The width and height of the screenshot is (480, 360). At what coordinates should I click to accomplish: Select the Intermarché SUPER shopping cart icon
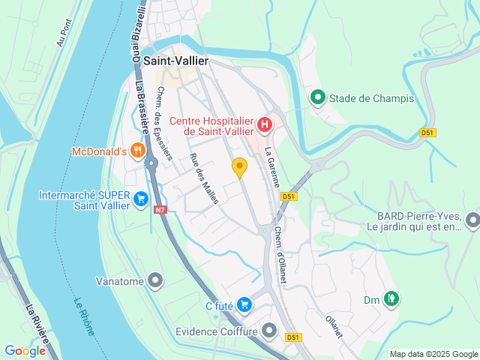[140, 197]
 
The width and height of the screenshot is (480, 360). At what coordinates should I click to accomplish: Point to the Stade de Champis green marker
[317, 97]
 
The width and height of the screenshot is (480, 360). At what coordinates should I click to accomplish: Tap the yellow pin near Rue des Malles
[239, 167]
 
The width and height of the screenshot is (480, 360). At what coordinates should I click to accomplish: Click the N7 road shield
[160, 210]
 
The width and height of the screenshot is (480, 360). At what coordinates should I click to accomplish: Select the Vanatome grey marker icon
[156, 281]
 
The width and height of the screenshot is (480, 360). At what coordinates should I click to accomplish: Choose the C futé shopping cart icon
[244, 304]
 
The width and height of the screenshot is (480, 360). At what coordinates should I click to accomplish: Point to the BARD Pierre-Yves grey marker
[472, 220]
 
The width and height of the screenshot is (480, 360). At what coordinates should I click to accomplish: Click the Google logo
[25, 350]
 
